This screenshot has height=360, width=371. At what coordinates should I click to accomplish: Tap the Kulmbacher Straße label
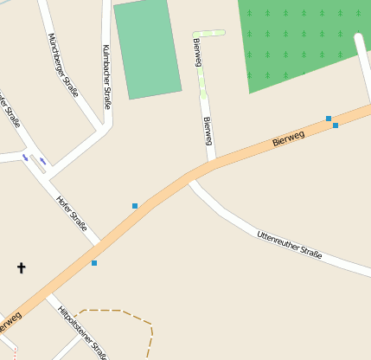pos(106,75)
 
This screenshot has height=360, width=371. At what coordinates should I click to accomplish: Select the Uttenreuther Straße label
pos(289,245)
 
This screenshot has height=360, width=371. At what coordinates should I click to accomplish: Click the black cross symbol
pos(22,268)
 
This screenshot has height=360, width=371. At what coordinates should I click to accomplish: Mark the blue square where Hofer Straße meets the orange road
pos(94,262)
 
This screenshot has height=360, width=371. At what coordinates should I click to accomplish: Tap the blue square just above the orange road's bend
pos(135,206)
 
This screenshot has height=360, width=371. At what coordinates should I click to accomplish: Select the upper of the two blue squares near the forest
pos(329,118)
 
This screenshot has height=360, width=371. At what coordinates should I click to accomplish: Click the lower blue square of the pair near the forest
pos(336,125)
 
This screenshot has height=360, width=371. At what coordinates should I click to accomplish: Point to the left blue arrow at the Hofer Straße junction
pos(25,157)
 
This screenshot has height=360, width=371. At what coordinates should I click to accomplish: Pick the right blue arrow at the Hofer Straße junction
pos(42,161)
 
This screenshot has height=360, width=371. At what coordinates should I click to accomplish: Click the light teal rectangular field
pos(148,48)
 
